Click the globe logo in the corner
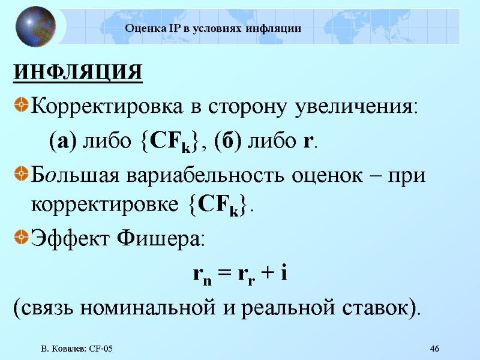pos(35,26)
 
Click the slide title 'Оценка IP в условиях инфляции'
pos(213,29)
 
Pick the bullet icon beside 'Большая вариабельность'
pos(21,175)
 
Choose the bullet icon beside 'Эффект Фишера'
pos(21,240)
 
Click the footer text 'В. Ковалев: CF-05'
pos(77,349)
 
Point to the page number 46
pos(435,349)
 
